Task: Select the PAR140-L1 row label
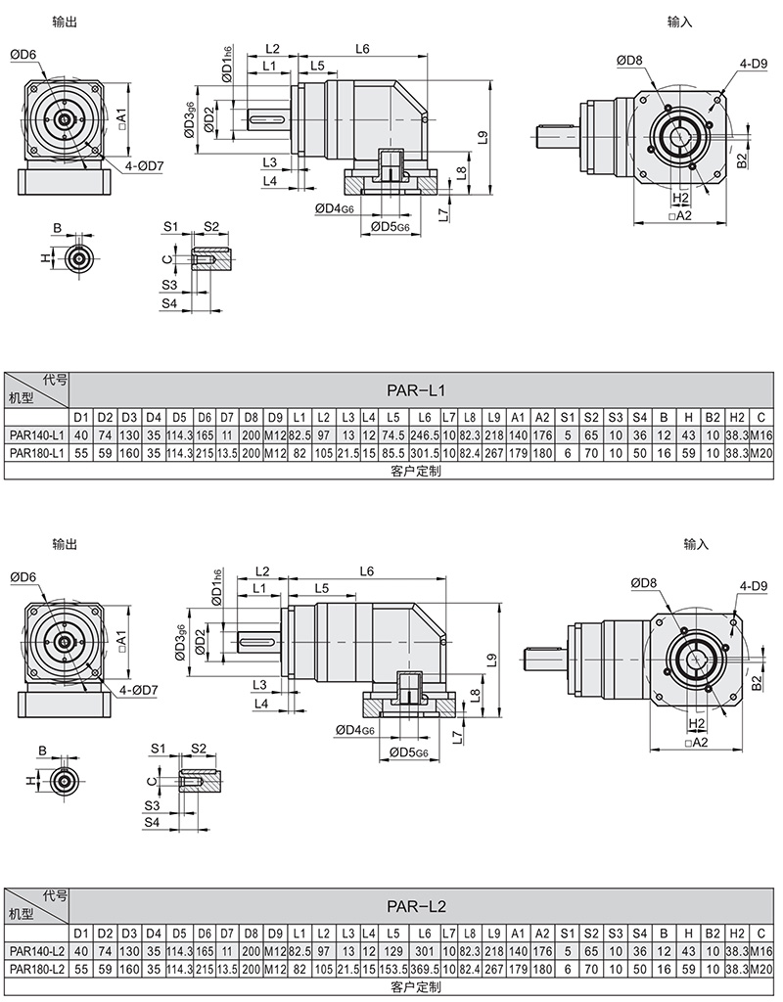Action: click(36, 435)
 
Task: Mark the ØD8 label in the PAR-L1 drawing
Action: click(629, 62)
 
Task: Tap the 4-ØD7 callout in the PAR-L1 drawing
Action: click(144, 165)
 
